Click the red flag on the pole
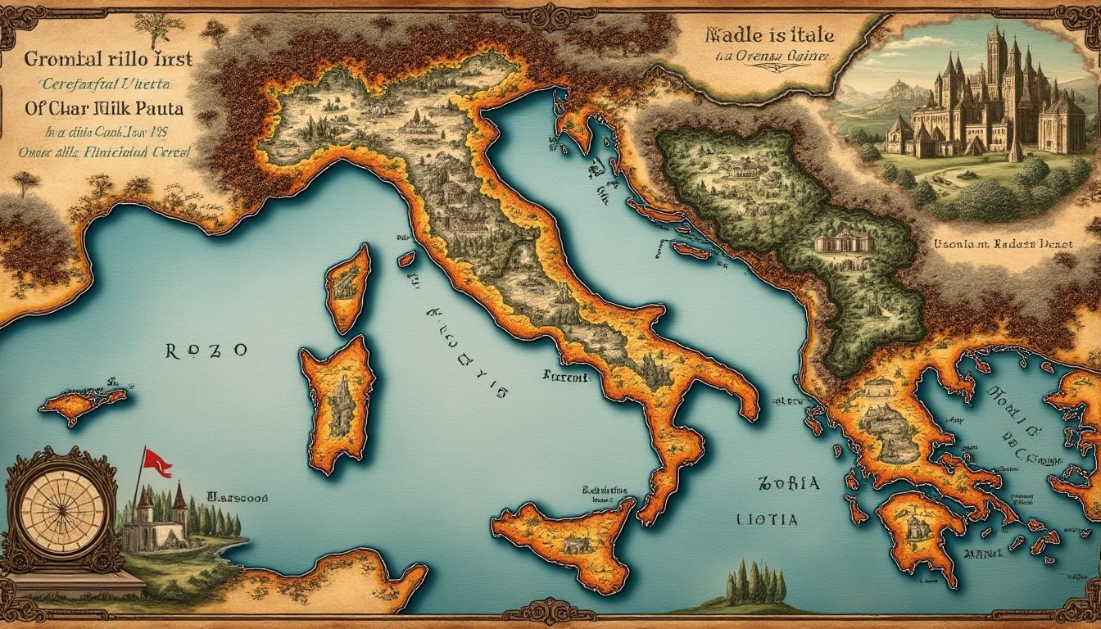156,463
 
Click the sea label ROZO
206,351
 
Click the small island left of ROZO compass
84,401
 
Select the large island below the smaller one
337,401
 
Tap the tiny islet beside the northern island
406,259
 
